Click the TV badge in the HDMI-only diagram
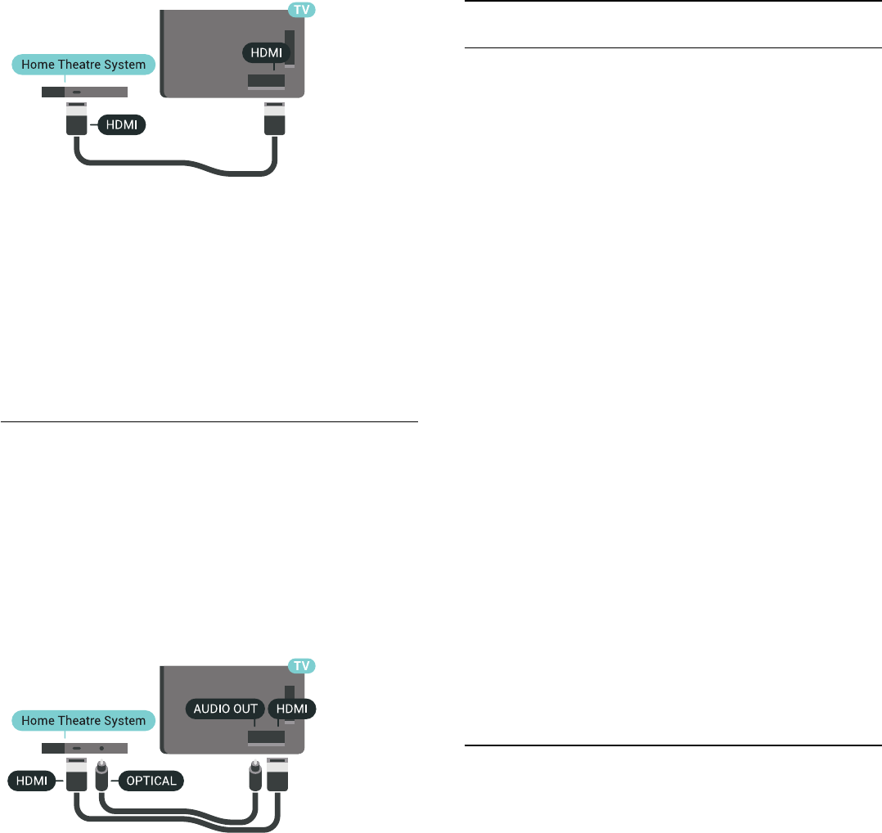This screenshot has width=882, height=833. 303,10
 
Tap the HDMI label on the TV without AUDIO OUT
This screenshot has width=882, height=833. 266,52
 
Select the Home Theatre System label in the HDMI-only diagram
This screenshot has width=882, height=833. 83,64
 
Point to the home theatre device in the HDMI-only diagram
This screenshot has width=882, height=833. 84,92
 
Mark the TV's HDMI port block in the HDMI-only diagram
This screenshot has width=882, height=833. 266,81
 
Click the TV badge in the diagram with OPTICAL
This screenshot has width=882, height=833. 303,666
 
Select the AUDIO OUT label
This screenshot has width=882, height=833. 225,709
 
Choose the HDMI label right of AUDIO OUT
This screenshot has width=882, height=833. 292,709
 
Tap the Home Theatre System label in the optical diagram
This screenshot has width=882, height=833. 83,720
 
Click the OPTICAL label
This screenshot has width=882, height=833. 151,781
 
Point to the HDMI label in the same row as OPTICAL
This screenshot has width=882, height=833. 32,781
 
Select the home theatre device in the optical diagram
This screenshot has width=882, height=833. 84,748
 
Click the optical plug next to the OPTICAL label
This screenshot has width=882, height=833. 102,776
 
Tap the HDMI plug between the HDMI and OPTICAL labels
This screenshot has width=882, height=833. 76,776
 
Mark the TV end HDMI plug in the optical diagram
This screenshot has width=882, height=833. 277,776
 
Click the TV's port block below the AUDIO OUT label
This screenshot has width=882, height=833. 266,737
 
